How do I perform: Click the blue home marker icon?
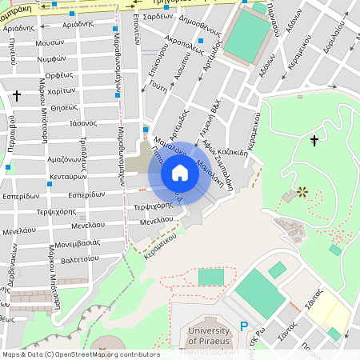click(x=180, y=172)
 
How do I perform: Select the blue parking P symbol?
click(x=245, y=326)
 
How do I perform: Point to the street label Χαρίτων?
click(x=61, y=90)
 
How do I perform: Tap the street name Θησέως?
click(x=64, y=106)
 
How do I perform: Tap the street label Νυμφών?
click(x=50, y=58)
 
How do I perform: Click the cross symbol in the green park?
click(x=314, y=141)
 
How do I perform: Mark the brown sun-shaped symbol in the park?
click(x=302, y=191)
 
